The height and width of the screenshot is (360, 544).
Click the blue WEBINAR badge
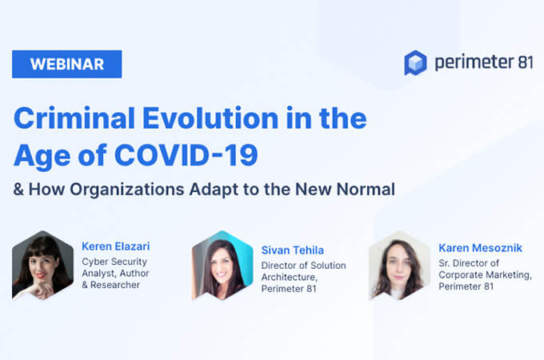pos(66,64)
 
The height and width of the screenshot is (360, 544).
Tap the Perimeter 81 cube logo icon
pos(415,62)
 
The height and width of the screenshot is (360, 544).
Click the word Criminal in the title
pos(74,118)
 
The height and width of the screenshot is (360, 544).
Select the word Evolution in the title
pos(210,118)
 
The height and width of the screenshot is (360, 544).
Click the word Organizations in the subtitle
pos(127,190)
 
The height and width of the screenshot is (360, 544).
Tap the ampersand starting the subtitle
pos(18,190)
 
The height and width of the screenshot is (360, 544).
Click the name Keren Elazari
pos(115,246)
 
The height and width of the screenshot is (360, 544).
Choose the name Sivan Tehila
pos(293,250)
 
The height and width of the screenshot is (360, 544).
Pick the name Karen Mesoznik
pos(480,248)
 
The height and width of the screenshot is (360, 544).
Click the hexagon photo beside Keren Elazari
pos(42,265)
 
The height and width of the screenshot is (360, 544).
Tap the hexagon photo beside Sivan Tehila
pos(222,265)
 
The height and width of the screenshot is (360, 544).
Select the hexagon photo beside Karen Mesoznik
pos(400,265)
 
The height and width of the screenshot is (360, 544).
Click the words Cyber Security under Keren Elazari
pos(114,262)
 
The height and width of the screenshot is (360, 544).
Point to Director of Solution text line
pos(303,266)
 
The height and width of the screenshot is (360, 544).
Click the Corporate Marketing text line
pos(485,275)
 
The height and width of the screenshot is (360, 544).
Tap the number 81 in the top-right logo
pos(526,62)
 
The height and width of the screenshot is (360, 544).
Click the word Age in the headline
pos(42,156)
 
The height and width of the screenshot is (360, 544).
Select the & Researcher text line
pos(111,285)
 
